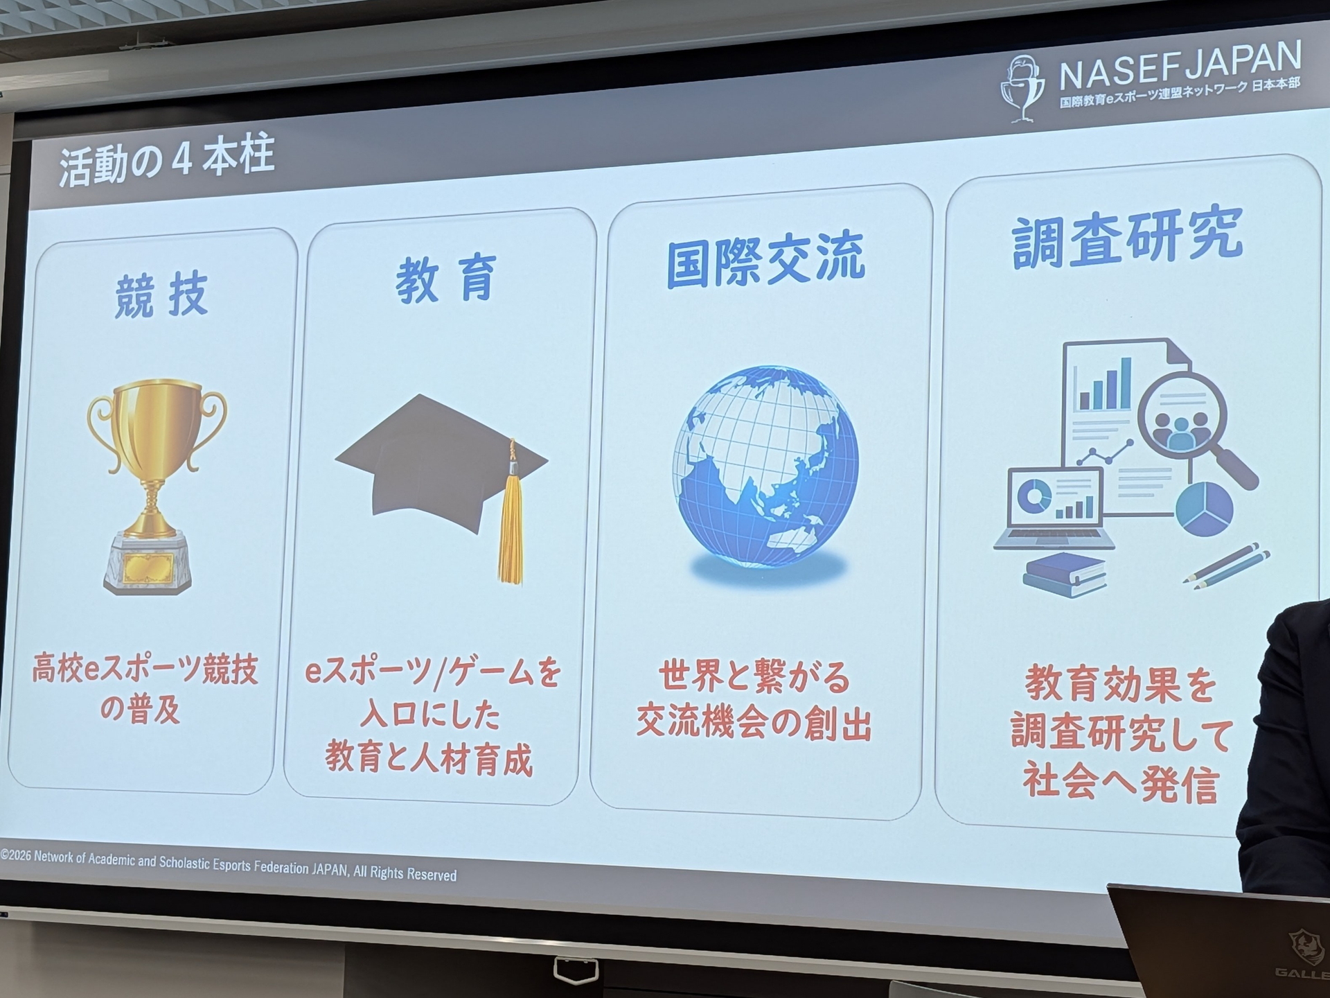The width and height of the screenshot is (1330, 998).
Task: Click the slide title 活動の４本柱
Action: [166, 161]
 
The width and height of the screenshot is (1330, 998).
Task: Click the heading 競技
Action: [161, 296]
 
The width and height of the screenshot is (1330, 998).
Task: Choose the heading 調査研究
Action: [1127, 239]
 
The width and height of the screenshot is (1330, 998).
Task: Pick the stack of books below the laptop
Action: [1065, 575]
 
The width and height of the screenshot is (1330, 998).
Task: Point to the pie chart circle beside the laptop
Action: [1204, 509]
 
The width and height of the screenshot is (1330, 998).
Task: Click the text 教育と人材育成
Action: [429, 759]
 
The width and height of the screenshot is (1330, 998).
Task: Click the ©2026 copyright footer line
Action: [229, 865]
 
